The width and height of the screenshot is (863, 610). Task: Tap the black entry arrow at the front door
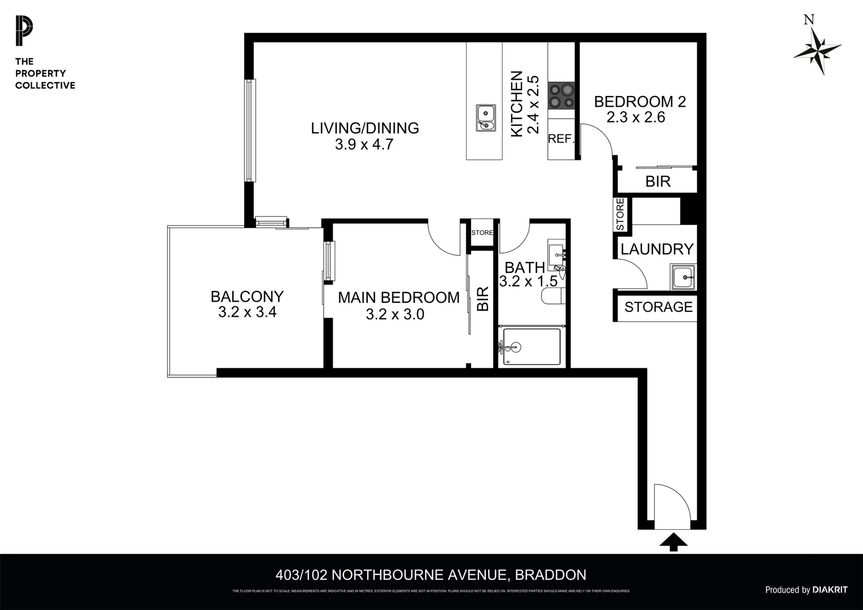click(673, 542)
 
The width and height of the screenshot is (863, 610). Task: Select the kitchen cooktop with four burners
click(561, 95)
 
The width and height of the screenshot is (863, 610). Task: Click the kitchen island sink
click(485, 117)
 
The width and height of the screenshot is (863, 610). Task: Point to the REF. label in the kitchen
click(561, 139)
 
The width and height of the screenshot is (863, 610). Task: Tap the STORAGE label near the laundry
click(658, 307)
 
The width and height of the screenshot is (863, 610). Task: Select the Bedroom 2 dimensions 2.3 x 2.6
click(636, 117)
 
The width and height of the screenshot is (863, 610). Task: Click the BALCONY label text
click(247, 297)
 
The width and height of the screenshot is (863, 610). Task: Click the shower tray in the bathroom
click(531, 346)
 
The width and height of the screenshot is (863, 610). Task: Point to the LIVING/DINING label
click(365, 128)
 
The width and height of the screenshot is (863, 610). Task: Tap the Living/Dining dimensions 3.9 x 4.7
click(364, 145)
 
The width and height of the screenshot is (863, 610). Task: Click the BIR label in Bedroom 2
click(657, 181)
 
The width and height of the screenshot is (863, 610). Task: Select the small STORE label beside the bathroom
click(482, 233)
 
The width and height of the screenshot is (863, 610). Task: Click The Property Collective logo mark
click(24, 32)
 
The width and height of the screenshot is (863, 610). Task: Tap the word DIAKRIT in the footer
click(830, 590)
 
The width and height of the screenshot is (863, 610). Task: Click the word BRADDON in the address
click(551, 575)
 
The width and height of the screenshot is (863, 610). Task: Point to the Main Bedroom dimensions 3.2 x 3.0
click(395, 315)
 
